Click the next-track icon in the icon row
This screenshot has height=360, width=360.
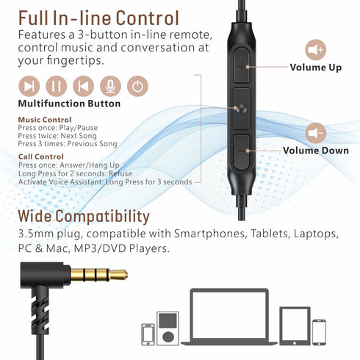click(x=29, y=86)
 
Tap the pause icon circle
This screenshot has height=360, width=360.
click(x=56, y=86)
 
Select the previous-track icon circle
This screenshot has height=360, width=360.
click(x=83, y=86)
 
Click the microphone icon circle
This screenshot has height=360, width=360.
click(x=110, y=86)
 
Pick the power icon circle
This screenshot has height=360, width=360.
click(x=137, y=86)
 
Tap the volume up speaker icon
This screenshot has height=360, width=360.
click(x=315, y=50)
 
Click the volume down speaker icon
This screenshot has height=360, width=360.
click(x=315, y=133)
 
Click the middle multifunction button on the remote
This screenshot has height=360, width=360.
click(x=242, y=109)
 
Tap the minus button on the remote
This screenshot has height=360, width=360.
click(x=242, y=152)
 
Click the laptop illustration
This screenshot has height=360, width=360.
click(x=229, y=317)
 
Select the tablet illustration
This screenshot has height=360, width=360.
click(x=295, y=326)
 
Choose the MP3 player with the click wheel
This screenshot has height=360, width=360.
click(x=168, y=328)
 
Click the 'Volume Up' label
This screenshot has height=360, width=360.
click(x=316, y=68)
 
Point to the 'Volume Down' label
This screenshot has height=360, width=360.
click(x=316, y=151)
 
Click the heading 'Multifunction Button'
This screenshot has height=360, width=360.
click(x=69, y=104)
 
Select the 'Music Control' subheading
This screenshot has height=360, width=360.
click(x=45, y=120)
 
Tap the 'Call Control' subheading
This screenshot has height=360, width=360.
click(x=41, y=156)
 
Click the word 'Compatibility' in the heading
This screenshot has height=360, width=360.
click(x=102, y=217)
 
